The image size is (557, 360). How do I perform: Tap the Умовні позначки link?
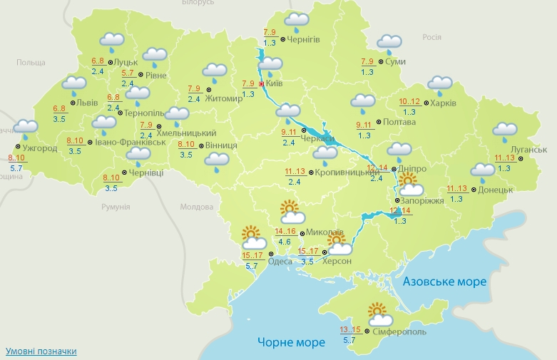pyautogui.click(x=41, y=351)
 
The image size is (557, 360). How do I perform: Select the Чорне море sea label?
pyautogui.click(x=291, y=342)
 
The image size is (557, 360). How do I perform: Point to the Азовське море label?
pyautogui.click(x=444, y=282)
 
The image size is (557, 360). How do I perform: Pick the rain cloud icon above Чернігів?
pyautogui.click(x=297, y=22)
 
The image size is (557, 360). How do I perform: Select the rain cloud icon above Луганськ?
pyautogui.click(x=504, y=131)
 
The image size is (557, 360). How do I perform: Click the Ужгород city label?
pyautogui.click(x=39, y=148)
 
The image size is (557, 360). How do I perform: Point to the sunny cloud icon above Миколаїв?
pyautogui.click(x=291, y=212)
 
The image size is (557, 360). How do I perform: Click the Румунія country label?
pyautogui.click(x=116, y=207)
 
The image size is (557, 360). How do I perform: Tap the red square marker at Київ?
pyautogui.click(x=261, y=84)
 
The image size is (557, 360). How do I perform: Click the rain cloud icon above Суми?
pyautogui.click(x=389, y=43)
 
